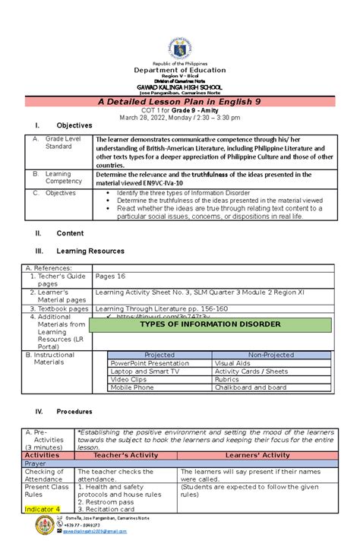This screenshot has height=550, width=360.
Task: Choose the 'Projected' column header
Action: point(159,355)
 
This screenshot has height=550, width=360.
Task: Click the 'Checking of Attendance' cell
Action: point(46,475)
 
